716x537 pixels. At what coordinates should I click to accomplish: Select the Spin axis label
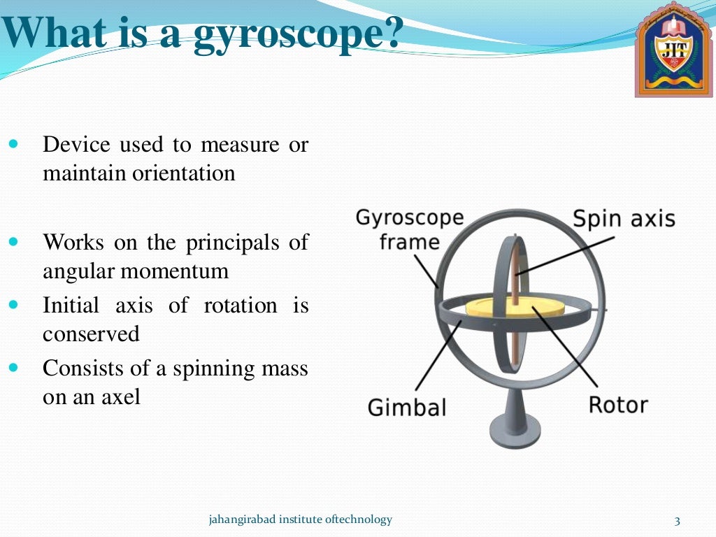[624, 219]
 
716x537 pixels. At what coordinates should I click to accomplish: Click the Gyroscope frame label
[409, 229]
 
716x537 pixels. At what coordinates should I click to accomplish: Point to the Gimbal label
[406, 407]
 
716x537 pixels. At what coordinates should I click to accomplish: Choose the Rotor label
[618, 404]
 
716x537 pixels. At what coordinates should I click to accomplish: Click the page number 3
[676, 520]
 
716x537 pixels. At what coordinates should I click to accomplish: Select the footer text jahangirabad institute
[301, 520]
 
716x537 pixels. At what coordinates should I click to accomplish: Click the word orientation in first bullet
[184, 173]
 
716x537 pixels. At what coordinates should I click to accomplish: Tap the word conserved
[91, 334]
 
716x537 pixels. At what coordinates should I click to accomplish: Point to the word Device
[76, 145]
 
